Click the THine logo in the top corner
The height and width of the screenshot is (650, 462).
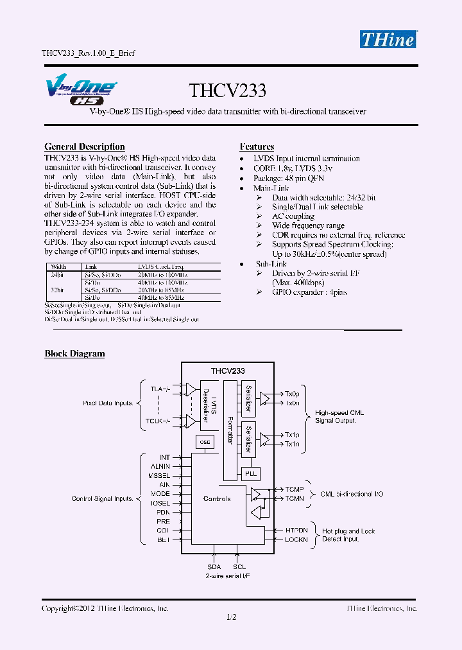(x=388, y=39)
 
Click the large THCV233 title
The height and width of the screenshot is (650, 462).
(x=227, y=91)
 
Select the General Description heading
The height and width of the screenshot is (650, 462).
(x=84, y=147)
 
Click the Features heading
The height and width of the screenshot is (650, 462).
(x=257, y=147)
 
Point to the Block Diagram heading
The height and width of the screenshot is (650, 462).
(x=74, y=353)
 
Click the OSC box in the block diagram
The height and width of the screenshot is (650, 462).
(x=205, y=442)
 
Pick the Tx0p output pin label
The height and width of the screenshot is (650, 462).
(x=292, y=394)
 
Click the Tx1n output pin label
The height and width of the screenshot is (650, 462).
(x=292, y=444)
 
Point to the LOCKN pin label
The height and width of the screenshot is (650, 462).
(x=296, y=540)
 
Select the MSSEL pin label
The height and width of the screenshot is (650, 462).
(x=160, y=475)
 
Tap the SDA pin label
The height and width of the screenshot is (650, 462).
(x=214, y=567)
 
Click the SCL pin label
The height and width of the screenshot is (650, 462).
(x=239, y=567)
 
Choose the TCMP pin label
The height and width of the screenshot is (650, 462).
(x=295, y=489)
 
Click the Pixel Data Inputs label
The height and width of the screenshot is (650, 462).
(x=108, y=403)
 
